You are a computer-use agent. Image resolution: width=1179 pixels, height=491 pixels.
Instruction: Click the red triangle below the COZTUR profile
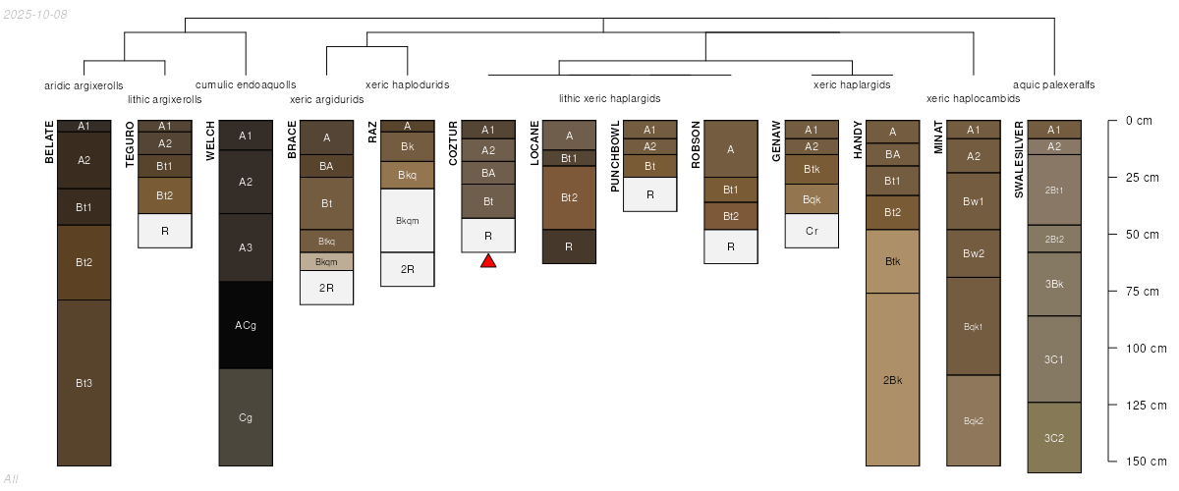point(488,261)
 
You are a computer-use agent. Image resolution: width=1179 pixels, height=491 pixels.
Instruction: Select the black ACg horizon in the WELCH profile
point(246,325)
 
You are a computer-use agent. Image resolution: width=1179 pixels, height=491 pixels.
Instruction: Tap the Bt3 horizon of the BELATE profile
point(84,383)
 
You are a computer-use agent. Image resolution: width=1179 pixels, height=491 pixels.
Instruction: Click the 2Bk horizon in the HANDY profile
point(893,379)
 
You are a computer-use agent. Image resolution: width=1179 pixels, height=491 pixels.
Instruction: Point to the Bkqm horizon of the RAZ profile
point(408,221)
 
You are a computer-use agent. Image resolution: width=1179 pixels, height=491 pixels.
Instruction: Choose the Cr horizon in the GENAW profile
point(812,231)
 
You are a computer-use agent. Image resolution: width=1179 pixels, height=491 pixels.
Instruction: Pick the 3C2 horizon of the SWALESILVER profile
point(1054,438)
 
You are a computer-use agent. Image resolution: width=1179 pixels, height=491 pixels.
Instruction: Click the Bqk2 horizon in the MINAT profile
point(974,420)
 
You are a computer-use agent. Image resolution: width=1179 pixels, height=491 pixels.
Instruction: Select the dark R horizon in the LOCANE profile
point(569,246)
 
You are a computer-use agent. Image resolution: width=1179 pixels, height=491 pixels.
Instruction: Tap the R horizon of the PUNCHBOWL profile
point(650,194)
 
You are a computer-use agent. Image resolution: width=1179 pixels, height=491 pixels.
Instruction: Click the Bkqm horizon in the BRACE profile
point(326,261)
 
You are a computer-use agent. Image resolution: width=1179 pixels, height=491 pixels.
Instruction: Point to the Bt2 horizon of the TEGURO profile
point(165,195)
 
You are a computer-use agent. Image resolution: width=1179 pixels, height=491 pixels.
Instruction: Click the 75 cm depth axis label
point(1142,292)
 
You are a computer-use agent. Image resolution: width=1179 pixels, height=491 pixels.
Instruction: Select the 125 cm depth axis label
point(1146,406)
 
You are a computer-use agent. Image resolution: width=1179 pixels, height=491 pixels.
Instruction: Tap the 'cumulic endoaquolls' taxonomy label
point(246,84)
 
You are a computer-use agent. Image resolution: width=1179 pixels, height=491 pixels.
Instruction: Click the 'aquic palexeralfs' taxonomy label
point(1053,84)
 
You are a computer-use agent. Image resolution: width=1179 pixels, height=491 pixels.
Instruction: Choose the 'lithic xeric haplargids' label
point(609,98)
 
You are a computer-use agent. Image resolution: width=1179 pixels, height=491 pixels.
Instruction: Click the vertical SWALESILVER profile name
point(1019,159)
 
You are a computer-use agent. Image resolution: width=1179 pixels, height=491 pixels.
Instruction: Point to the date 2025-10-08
point(35,15)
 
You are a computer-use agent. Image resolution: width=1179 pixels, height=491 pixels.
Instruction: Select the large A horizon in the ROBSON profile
point(731,149)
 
